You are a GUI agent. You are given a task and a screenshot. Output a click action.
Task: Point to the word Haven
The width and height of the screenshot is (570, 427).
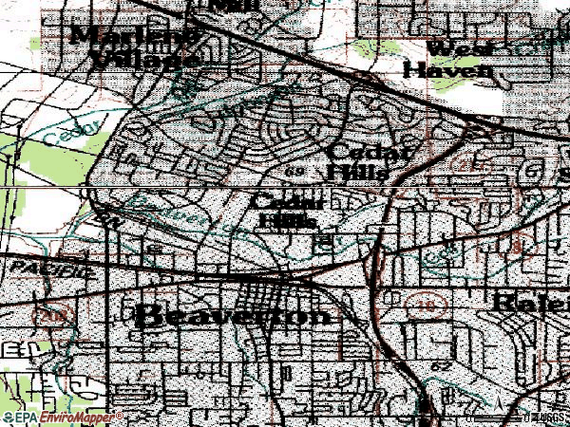(x=448, y=69)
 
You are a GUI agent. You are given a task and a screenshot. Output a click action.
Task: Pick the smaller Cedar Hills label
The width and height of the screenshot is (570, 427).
(x=289, y=211)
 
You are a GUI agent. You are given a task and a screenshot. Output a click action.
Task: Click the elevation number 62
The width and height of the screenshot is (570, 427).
(x=441, y=364)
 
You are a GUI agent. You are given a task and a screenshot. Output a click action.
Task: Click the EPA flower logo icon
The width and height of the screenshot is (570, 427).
(x=9, y=418)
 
